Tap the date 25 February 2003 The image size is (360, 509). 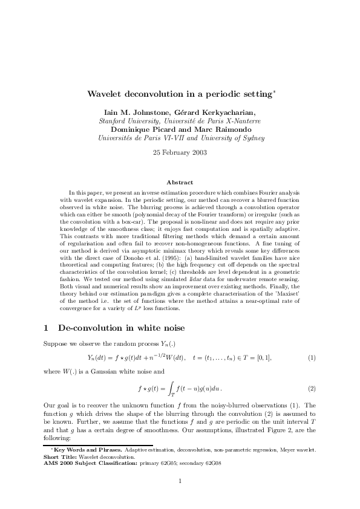180,152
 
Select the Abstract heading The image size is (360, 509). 180,182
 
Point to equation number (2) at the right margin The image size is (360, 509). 312,387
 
